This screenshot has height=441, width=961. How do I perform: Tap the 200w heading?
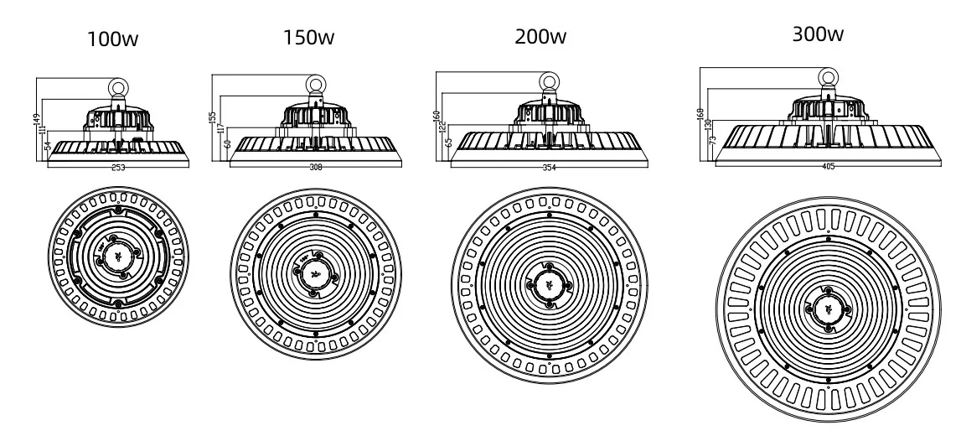tap(541, 37)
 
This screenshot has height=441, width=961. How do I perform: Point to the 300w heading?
tap(817, 35)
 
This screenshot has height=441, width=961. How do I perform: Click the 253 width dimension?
tap(118, 168)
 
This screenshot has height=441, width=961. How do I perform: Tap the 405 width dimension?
tap(829, 166)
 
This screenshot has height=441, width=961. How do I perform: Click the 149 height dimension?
tap(37, 122)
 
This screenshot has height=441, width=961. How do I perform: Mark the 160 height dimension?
tap(437, 117)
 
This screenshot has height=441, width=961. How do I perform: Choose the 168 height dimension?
tap(700, 113)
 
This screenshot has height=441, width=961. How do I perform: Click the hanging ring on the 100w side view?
tap(118, 86)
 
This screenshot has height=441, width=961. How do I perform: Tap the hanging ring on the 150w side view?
tap(316, 84)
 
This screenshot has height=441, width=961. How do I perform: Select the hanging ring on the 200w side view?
tap(549, 81)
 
